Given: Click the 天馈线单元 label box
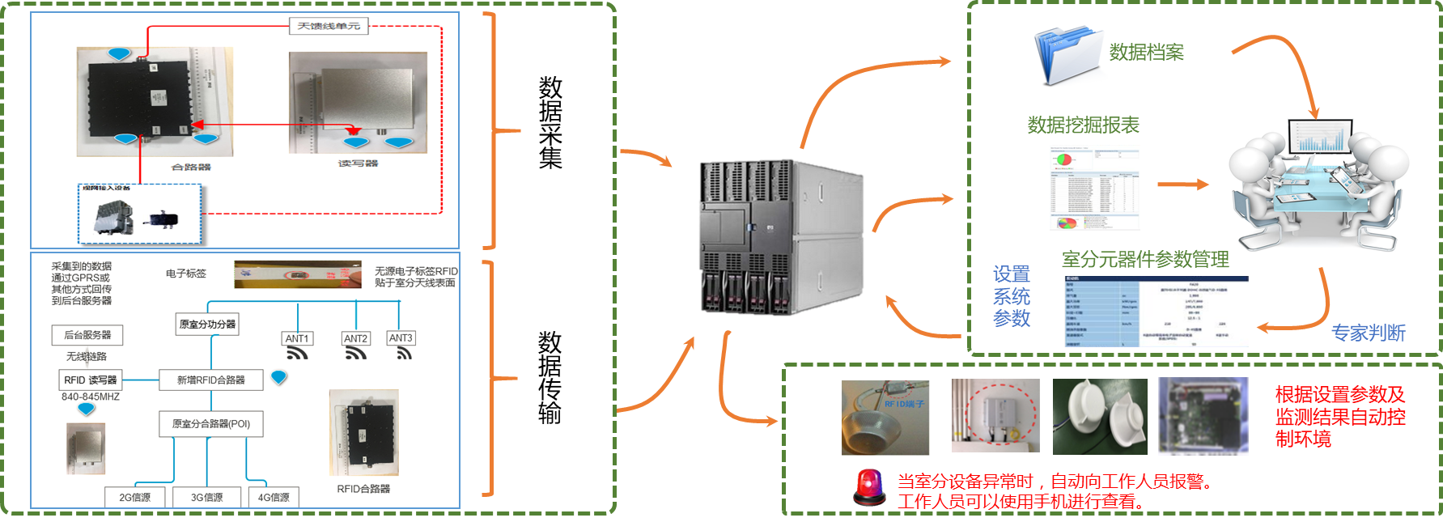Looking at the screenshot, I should click(329, 26).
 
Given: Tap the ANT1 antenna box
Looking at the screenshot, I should click(297, 338).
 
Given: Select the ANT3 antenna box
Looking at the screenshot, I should click(401, 337).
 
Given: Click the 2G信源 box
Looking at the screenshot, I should click(134, 497).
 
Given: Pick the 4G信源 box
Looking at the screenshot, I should click(274, 497).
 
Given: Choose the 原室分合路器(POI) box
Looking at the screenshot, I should click(211, 423).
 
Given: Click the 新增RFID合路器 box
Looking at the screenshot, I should click(210, 380).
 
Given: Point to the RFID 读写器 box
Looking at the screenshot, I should click(91, 380).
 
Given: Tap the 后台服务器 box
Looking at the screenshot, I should click(87, 334).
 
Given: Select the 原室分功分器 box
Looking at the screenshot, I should click(207, 324).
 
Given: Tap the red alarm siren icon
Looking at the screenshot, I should click(869, 488).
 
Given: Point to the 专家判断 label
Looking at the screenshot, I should click(1368, 333).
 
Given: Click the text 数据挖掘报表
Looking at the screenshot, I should click(1083, 125).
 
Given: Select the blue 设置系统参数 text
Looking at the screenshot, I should click(1012, 297).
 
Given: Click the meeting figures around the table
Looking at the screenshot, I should click(1318, 184).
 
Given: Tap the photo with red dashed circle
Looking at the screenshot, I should click(995, 416).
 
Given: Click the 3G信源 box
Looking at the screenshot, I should click(206, 497).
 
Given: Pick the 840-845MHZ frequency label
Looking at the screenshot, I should click(91, 397).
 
